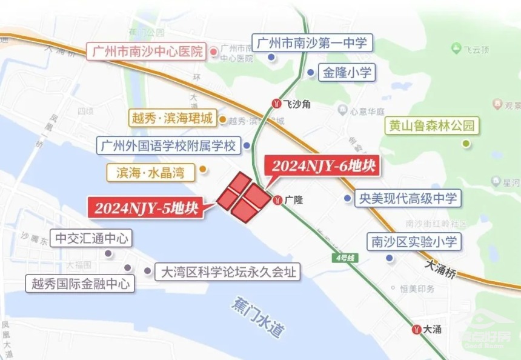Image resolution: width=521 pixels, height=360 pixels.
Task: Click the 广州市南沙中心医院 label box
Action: coord(147,52)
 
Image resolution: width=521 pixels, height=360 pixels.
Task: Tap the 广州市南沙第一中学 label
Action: coord(311,44)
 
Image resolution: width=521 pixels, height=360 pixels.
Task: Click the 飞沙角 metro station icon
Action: coord(277,104)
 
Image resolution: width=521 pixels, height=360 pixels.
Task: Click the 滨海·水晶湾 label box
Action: coord(150,173)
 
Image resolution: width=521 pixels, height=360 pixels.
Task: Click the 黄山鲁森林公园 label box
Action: coord(432,127)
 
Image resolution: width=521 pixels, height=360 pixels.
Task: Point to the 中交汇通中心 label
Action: coord(92,238)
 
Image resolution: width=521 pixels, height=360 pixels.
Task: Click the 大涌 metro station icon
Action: coord(417,330)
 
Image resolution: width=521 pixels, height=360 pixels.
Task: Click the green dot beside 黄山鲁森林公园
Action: coord(466,144)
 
